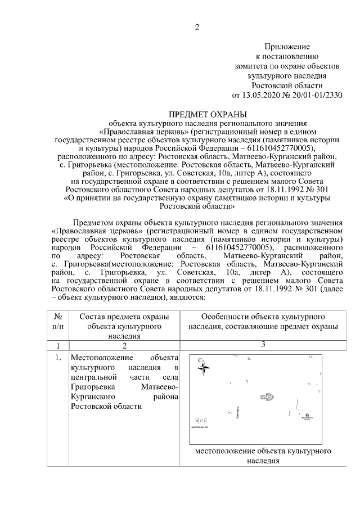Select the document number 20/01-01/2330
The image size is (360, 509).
tap(318, 94)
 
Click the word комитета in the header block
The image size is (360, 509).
tap(250, 65)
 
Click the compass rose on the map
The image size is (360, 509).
tap(204, 369)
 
